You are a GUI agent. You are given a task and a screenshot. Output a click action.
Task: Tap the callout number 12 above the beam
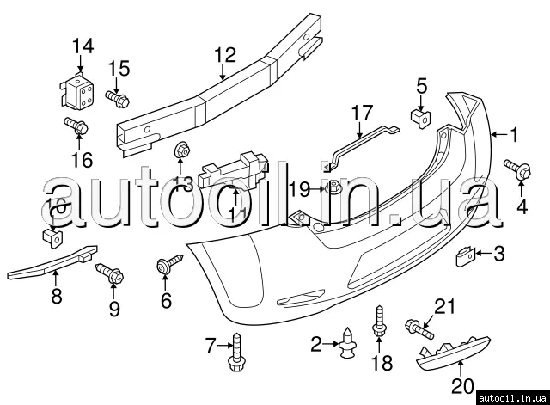(223, 55)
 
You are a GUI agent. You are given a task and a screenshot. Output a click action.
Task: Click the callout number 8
(56, 298)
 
